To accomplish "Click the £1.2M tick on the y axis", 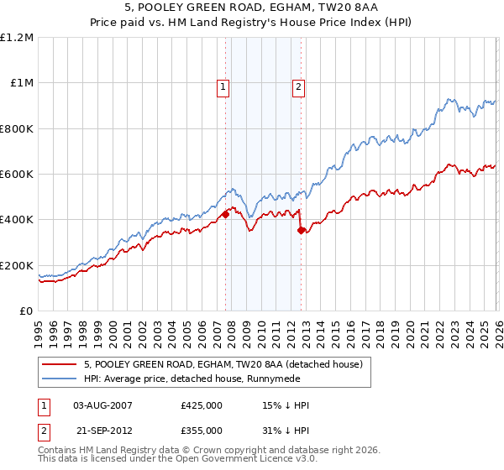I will pyautogui.click(x=18, y=38).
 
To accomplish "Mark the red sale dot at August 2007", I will pyautogui.click(x=225, y=215).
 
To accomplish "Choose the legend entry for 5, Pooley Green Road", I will pyautogui.click(x=222, y=364).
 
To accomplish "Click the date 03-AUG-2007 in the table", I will pyautogui.click(x=103, y=405).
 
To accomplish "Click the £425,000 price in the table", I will pyautogui.click(x=202, y=405).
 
